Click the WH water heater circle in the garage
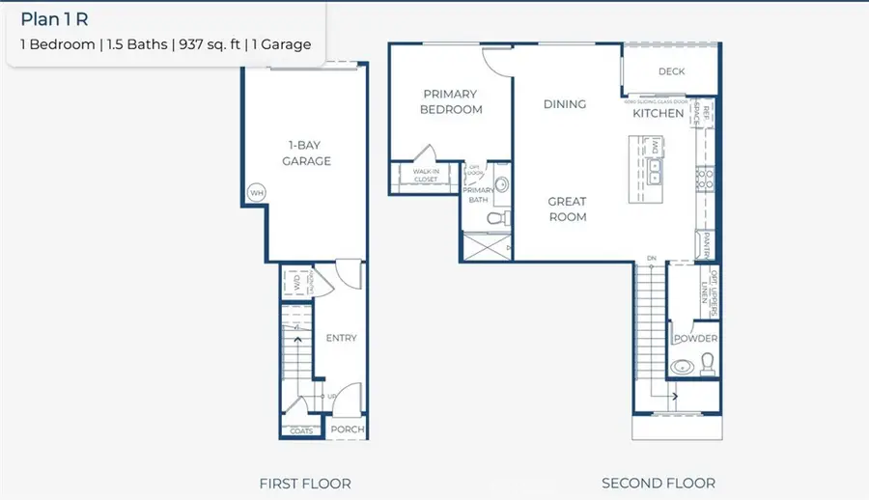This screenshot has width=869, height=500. [257, 193]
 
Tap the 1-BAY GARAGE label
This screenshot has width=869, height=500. [306, 153]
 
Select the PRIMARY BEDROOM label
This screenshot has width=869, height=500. [450, 101]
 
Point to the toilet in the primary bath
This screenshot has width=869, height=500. [496, 220]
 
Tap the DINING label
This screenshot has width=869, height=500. [565, 104]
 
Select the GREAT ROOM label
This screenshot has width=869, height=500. [567, 209]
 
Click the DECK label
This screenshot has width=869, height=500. [671, 71]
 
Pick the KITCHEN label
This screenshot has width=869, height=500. [658, 113]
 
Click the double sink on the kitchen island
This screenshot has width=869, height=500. [656, 171]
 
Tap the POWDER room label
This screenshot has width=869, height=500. [695, 339]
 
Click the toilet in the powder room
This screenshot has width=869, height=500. [708, 362]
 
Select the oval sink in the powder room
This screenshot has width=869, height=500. [683, 367]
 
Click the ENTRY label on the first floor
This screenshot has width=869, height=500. [341, 338]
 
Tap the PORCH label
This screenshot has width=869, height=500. [347, 430]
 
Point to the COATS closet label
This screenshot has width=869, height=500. [300, 431]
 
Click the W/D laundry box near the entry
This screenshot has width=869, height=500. [296, 284]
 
